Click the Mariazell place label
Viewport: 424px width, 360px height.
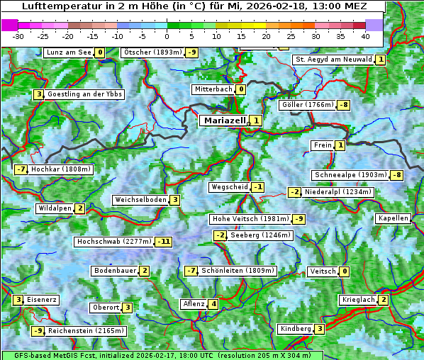click(225, 120)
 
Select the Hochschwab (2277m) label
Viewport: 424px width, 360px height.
click(114, 242)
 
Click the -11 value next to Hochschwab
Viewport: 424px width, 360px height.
click(164, 242)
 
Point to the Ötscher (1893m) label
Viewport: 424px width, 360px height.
click(152, 52)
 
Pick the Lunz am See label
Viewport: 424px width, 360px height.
click(69, 52)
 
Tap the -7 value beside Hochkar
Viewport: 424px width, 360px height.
click(21, 169)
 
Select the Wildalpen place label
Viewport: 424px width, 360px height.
click(55, 208)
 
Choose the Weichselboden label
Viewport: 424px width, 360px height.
click(140, 200)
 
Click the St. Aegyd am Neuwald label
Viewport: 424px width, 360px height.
click(333, 60)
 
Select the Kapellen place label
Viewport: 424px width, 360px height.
click(393, 218)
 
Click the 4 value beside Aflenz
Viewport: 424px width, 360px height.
click(213, 304)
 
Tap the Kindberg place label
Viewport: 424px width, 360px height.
click(296, 329)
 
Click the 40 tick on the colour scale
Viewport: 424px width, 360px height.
click(365, 35)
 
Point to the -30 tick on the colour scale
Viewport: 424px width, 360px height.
click(18, 35)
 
